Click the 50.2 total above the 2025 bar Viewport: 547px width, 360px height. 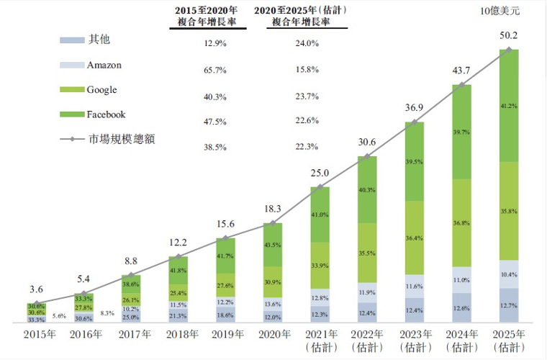click(x=508, y=35)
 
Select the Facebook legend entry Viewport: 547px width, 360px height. click(x=106, y=114)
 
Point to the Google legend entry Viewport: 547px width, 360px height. click(x=101, y=90)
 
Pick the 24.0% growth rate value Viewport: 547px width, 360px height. click(x=307, y=44)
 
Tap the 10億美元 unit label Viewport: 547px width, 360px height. click(x=499, y=11)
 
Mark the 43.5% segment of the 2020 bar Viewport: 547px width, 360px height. click(x=273, y=246)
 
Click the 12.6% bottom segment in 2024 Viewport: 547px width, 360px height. click(x=461, y=308)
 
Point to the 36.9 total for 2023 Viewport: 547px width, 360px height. click(x=413, y=108)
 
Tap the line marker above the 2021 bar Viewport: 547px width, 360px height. click(x=320, y=187)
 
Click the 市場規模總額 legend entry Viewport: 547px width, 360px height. click(x=121, y=140)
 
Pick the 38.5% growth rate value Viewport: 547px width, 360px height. click(x=215, y=147)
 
